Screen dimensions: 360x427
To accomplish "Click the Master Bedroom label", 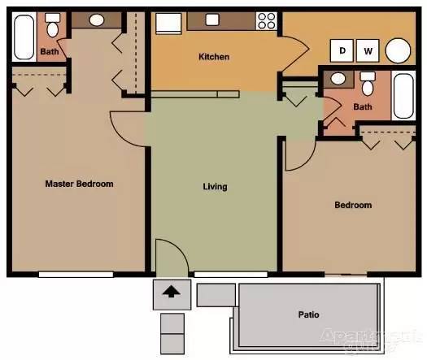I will [79, 184].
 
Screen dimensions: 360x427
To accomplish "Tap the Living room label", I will [215, 187].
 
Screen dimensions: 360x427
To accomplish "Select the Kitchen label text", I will [214, 57].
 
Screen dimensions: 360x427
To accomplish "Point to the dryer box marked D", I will [342, 51].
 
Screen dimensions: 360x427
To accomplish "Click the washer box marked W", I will [368, 51].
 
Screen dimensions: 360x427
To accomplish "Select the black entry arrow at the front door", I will [172, 292].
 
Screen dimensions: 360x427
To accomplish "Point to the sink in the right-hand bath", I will [338, 79].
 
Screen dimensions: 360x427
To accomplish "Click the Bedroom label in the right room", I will [353, 205].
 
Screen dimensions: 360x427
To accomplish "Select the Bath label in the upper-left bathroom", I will [49, 52].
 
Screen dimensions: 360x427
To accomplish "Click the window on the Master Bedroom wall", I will [75, 274].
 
